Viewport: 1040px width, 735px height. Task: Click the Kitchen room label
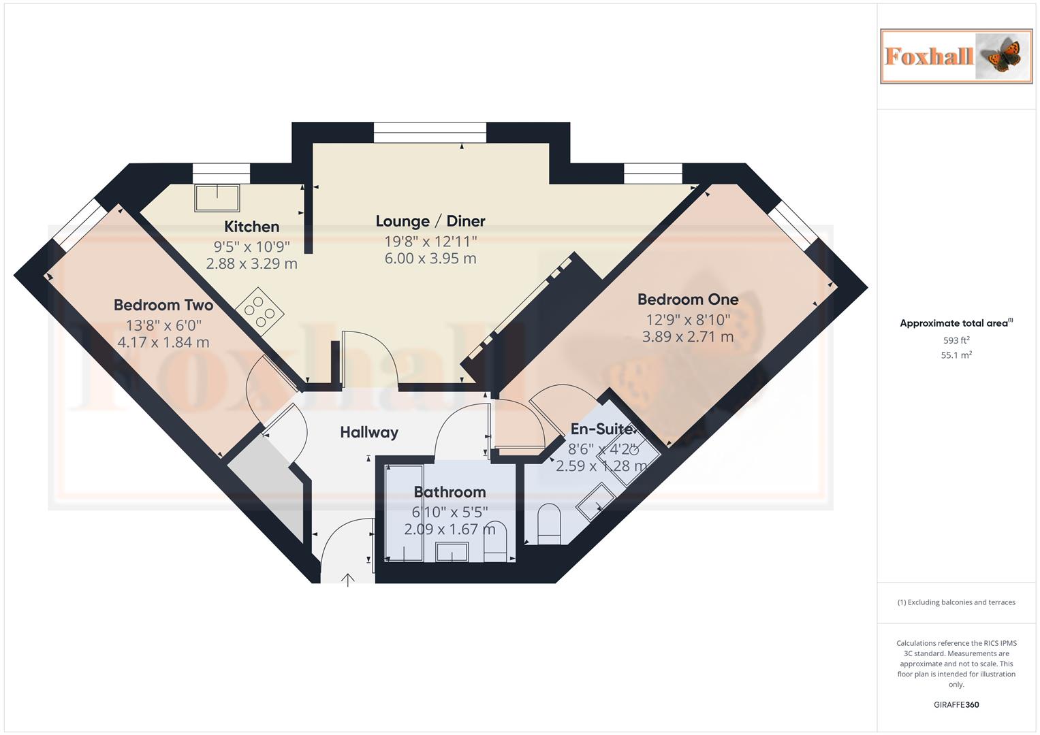[251, 227]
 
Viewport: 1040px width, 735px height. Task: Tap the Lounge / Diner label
[430, 221]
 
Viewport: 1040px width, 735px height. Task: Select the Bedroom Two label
[163, 305]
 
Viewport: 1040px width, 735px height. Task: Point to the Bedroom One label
[688, 299]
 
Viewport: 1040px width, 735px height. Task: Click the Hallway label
[369, 432]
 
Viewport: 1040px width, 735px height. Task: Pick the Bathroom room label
[450, 492]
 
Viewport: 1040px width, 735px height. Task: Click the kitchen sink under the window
[217, 197]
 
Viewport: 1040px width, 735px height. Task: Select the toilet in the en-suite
[549, 524]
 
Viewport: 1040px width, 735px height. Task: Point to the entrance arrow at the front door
[348, 579]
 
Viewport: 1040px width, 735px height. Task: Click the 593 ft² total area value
[956, 340]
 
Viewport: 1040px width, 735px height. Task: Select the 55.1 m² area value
[956, 355]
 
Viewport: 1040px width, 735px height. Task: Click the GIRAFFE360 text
[956, 705]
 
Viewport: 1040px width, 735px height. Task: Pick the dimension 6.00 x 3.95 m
[430, 259]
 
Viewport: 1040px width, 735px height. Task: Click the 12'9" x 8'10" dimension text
[688, 319]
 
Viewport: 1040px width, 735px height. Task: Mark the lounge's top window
[430, 132]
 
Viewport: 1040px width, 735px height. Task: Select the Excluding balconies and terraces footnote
[956, 602]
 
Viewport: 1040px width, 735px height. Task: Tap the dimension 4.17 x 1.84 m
[163, 342]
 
